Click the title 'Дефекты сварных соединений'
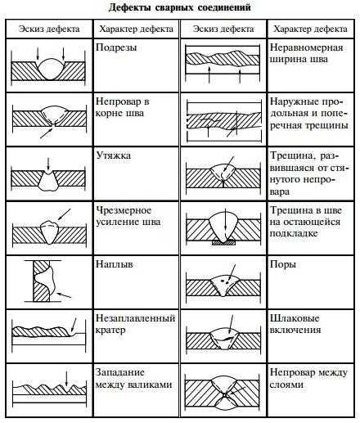pos(180,7)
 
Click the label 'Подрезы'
pos(116,47)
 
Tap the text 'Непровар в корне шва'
pos(123,107)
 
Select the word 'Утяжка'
pos(114,155)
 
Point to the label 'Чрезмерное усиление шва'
pos(128,216)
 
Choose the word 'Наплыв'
pos(115,264)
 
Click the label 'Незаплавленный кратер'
pos(135,324)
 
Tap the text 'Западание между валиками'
pos(133,378)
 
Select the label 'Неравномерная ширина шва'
pos(306,53)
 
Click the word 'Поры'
pos(283,264)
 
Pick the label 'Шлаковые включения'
pos(295,324)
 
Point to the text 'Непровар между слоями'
pos(308,378)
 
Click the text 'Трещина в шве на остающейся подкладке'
pos(306,222)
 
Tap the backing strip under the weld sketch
pos(223,242)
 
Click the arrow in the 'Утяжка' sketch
pos(48,164)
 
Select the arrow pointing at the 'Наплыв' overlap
pos(64,295)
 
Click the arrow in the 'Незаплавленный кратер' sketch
pos(74,325)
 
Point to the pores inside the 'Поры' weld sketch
pos(224,281)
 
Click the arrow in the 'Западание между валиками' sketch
pos(66,378)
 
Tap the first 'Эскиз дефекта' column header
pos(49,29)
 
